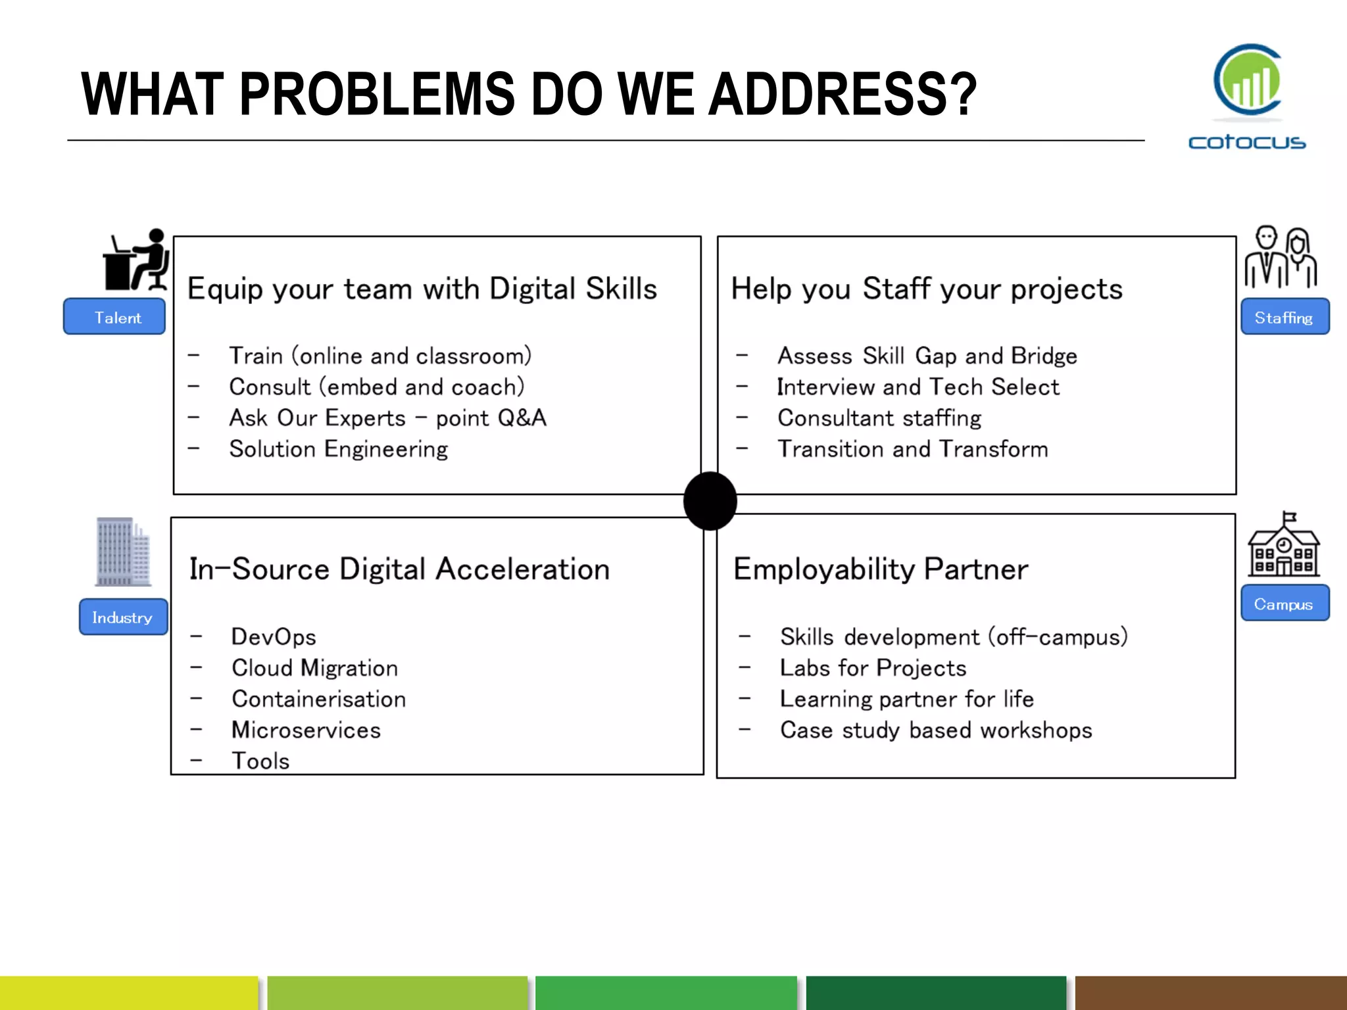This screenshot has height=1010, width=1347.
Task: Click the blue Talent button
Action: tap(114, 316)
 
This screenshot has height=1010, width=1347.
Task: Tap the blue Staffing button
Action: tap(1285, 316)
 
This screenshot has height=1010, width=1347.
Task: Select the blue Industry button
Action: tap(123, 617)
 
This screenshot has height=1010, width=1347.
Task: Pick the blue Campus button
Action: tap(1285, 603)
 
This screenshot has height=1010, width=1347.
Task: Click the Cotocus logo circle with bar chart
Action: tap(1248, 80)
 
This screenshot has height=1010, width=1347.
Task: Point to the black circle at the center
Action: tap(710, 501)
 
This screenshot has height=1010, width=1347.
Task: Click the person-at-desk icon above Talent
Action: tap(136, 260)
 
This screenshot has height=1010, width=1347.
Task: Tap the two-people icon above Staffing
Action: tap(1281, 258)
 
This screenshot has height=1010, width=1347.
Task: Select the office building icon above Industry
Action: tap(123, 552)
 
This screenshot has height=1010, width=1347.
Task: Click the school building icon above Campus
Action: tap(1284, 545)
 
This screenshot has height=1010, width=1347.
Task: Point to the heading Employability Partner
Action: tap(880, 569)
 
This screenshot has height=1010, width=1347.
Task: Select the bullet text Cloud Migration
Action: tap(314, 668)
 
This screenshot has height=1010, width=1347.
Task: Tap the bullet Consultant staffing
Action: tap(879, 418)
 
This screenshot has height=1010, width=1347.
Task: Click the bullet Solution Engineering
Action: tap(338, 449)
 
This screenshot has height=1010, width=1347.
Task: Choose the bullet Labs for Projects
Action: tap(873, 668)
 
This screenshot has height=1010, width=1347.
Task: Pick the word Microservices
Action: tap(306, 730)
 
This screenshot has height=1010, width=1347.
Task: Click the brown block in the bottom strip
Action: tap(1211, 993)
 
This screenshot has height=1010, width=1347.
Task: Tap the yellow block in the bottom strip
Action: tap(129, 993)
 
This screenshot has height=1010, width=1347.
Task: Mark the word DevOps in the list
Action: tap(274, 637)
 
